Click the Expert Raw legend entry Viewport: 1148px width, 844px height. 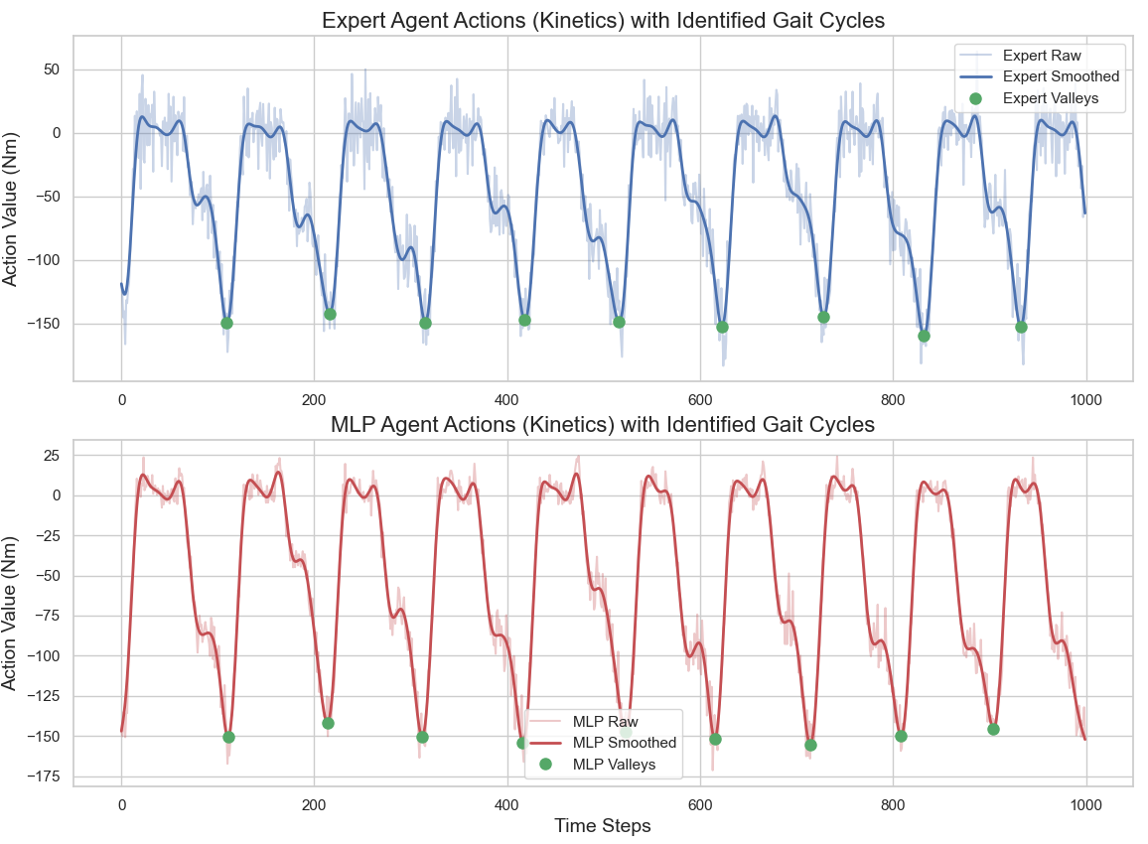pyautogui.click(x=1042, y=56)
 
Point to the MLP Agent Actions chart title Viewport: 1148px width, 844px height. pyautogui.click(x=602, y=425)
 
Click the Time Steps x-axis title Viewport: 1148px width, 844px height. pyautogui.click(x=603, y=825)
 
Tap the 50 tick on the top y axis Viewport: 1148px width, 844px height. pyautogui.click(x=53, y=70)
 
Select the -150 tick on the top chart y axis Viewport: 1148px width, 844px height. pyautogui.click(x=45, y=324)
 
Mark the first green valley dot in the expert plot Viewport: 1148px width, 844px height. pyautogui.click(x=226, y=323)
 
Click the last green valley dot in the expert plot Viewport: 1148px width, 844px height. pyautogui.click(x=1021, y=327)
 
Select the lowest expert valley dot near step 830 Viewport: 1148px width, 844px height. pyautogui.click(x=925, y=336)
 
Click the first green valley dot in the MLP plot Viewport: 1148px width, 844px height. pyautogui.click(x=228, y=737)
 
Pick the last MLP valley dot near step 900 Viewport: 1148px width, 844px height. pyautogui.click(x=993, y=729)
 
